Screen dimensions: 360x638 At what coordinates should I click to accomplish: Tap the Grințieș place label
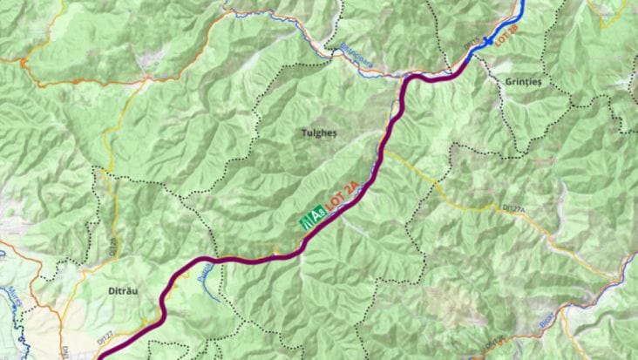(x=522, y=81)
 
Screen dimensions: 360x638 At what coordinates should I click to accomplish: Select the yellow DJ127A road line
(x=488, y=205)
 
